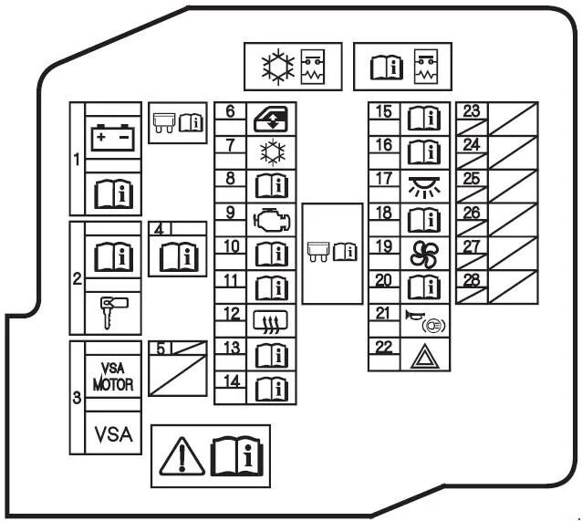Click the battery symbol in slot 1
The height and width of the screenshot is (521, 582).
pos(114,138)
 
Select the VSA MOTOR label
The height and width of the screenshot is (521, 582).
pos(114,379)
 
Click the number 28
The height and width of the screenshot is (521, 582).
pos(472,280)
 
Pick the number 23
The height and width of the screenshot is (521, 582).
pos(472,111)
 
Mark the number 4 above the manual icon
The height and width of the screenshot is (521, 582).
pos(161,230)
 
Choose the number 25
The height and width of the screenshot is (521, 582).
pos(472,178)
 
